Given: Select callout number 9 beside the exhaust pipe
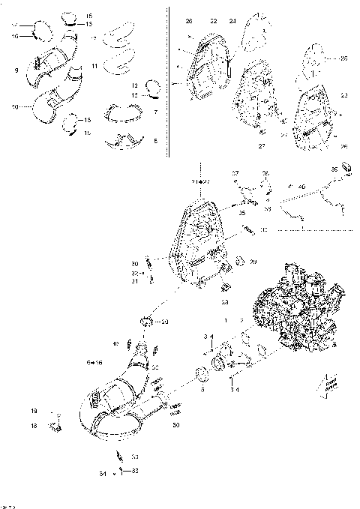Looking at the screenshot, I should click(x=16, y=70).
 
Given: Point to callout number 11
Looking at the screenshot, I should click(x=94, y=67).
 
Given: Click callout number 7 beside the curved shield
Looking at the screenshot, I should click(x=154, y=112).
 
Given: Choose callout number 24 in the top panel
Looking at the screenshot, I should click(x=232, y=21).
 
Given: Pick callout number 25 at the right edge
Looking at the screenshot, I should click(x=343, y=58).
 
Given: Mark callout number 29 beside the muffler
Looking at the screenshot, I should click(x=253, y=262).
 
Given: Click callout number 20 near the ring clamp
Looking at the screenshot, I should click(x=165, y=322).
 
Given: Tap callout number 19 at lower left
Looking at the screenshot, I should click(x=34, y=412).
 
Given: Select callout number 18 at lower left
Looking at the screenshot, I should click(x=34, y=425).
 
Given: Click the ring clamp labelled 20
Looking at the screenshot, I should click(x=145, y=322).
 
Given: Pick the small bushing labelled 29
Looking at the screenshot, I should click(x=240, y=261).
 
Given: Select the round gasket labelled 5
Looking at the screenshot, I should click(x=201, y=373).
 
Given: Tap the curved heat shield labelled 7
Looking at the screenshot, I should click(x=123, y=112).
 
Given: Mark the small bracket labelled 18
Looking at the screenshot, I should click(x=54, y=428).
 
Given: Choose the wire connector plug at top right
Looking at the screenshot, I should click(x=347, y=167).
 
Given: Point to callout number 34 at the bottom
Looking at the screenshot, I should click(x=103, y=474).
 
